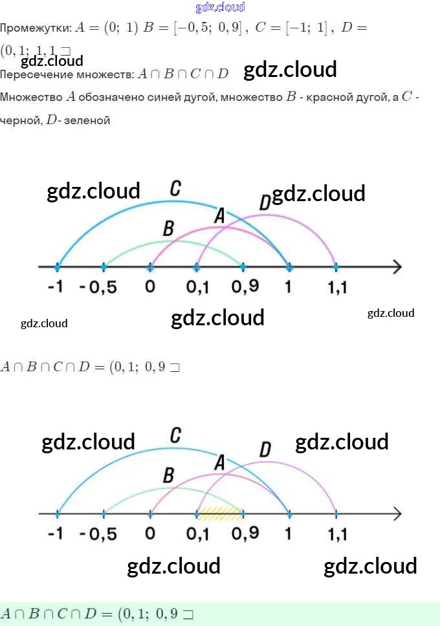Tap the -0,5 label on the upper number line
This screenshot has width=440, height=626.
click(98, 287)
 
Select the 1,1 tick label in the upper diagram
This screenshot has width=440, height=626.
click(337, 287)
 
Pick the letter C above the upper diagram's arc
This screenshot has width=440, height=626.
click(175, 189)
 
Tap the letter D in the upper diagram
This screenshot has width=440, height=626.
click(264, 203)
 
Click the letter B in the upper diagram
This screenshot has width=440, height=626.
click(169, 228)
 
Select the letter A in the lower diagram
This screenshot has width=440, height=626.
click(219, 463)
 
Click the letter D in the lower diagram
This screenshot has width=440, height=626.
click(265, 449)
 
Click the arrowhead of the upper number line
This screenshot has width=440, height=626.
click(396, 267)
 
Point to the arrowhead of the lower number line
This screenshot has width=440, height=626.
click(396, 514)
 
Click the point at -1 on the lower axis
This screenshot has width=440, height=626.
click(58, 514)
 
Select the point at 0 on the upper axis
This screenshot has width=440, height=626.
click(151, 267)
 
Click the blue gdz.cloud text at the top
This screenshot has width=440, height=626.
click(220, 7)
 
